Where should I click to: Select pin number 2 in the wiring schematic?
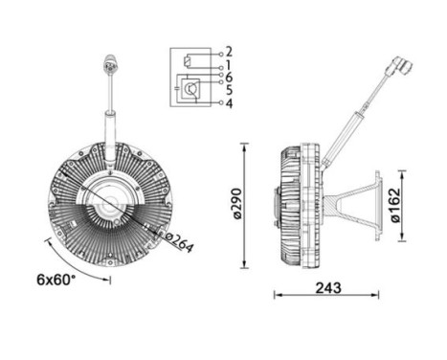[230, 52]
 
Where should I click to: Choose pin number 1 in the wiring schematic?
[230, 64]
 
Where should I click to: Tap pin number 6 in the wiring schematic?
[230, 77]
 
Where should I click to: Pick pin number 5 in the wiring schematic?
[230, 88]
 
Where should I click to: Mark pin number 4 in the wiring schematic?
[230, 101]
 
